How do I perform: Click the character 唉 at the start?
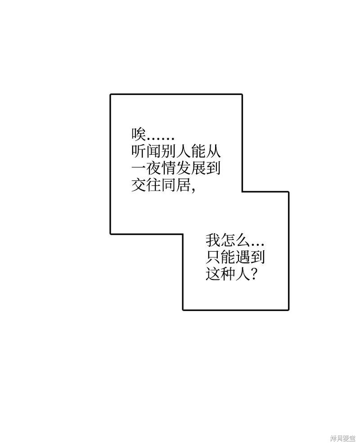coord(139,134)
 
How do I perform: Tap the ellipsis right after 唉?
coord(160,139)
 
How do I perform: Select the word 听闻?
coord(146,151)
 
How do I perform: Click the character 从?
coord(213,151)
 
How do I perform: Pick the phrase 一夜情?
coord(153,168)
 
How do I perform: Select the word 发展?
coord(190,168)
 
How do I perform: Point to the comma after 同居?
coord(193,190)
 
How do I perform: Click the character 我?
coord(213,241)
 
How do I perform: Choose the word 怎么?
coord(235,241)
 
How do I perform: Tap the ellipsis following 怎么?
coord(258,245)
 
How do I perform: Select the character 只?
coord(213,257)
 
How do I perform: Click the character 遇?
coord(243,257)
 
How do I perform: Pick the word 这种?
coord(220,274)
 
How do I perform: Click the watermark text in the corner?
coord(342,438)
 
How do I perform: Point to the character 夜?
coord(153,168)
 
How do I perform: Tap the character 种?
coord(228,274)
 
